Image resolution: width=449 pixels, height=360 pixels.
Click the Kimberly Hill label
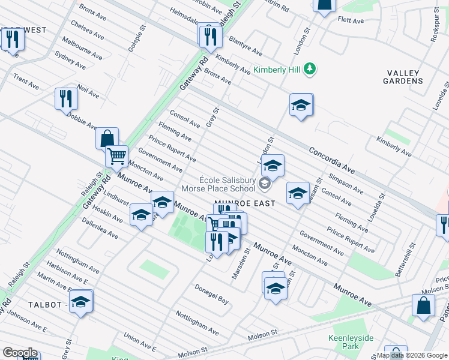[277, 70]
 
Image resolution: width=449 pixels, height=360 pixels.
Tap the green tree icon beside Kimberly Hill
[310, 70]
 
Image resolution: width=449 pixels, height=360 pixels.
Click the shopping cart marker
[116, 157]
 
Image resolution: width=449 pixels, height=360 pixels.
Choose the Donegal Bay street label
[211, 292]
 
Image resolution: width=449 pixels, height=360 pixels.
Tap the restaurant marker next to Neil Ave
[66, 99]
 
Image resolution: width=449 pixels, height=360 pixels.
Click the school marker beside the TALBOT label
[80, 303]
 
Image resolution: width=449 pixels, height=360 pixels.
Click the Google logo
[19, 353]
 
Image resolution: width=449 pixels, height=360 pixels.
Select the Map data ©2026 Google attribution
[412, 355]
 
